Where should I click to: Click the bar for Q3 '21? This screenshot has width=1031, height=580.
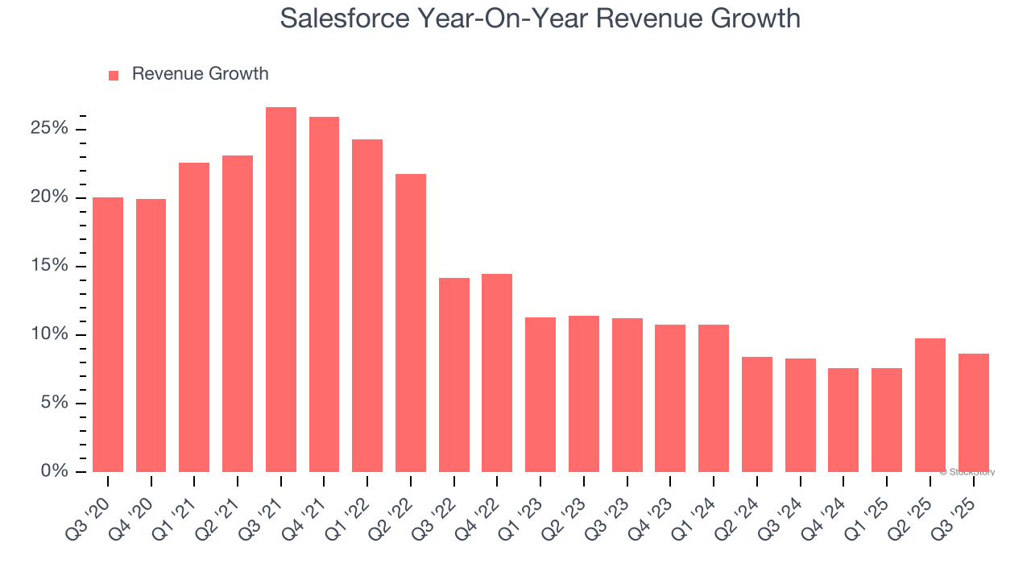(x=281, y=289)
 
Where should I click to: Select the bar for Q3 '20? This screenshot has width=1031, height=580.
(x=108, y=334)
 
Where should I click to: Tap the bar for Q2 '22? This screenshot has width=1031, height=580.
(x=411, y=322)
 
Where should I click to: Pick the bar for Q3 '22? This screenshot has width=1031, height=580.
(x=454, y=375)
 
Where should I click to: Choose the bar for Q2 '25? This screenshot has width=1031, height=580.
(x=930, y=404)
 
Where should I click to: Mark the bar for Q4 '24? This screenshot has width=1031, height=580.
(x=843, y=420)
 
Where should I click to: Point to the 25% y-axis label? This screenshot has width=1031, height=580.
(x=50, y=129)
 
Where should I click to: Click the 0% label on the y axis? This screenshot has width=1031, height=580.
(x=55, y=471)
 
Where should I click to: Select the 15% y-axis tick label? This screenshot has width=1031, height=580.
(x=50, y=266)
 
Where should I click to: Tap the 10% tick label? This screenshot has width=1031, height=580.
(x=50, y=334)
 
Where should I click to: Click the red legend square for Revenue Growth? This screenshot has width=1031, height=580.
(x=114, y=75)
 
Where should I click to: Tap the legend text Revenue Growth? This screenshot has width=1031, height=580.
(x=200, y=74)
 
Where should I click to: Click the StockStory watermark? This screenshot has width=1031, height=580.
(x=967, y=472)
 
